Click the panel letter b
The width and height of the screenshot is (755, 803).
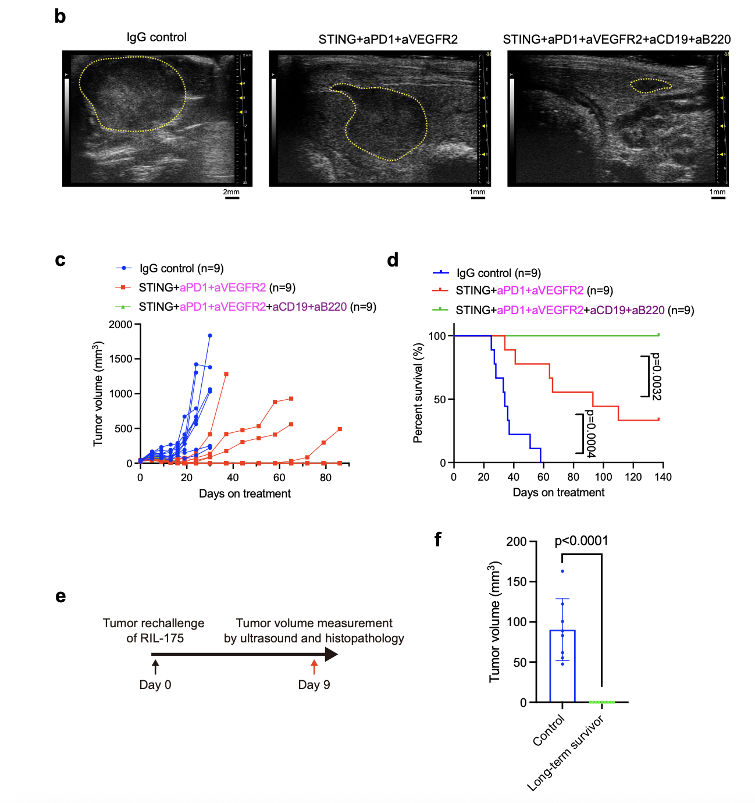[60, 16]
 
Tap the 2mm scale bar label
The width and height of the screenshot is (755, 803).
[231, 192]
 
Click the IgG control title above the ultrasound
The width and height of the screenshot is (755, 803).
[156, 37]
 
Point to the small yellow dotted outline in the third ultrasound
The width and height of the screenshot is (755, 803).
[651, 86]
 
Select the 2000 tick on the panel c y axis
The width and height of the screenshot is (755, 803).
[120, 324]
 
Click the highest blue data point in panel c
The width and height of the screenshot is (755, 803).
[210, 336]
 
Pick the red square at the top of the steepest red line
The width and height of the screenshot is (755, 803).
[226, 374]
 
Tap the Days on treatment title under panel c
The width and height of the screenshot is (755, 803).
[244, 493]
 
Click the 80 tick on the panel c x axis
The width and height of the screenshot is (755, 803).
[326, 478]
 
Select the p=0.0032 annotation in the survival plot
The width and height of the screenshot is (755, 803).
[656, 376]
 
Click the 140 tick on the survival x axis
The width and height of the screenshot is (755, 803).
[663, 477]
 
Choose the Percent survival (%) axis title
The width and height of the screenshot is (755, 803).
[418, 393]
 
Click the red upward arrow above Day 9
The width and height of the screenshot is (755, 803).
[314, 666]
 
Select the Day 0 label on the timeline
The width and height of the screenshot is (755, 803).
[155, 685]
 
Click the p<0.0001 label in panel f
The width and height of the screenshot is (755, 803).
[581, 541]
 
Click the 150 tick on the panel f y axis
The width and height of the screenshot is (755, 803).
[516, 582]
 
